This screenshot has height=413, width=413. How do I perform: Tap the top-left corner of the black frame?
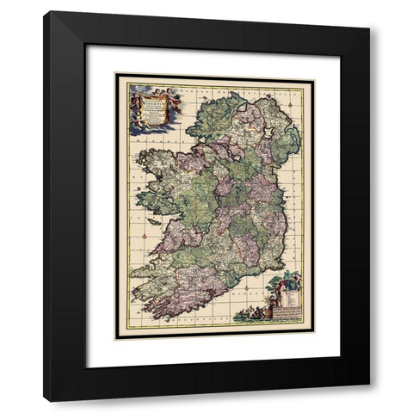46,13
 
